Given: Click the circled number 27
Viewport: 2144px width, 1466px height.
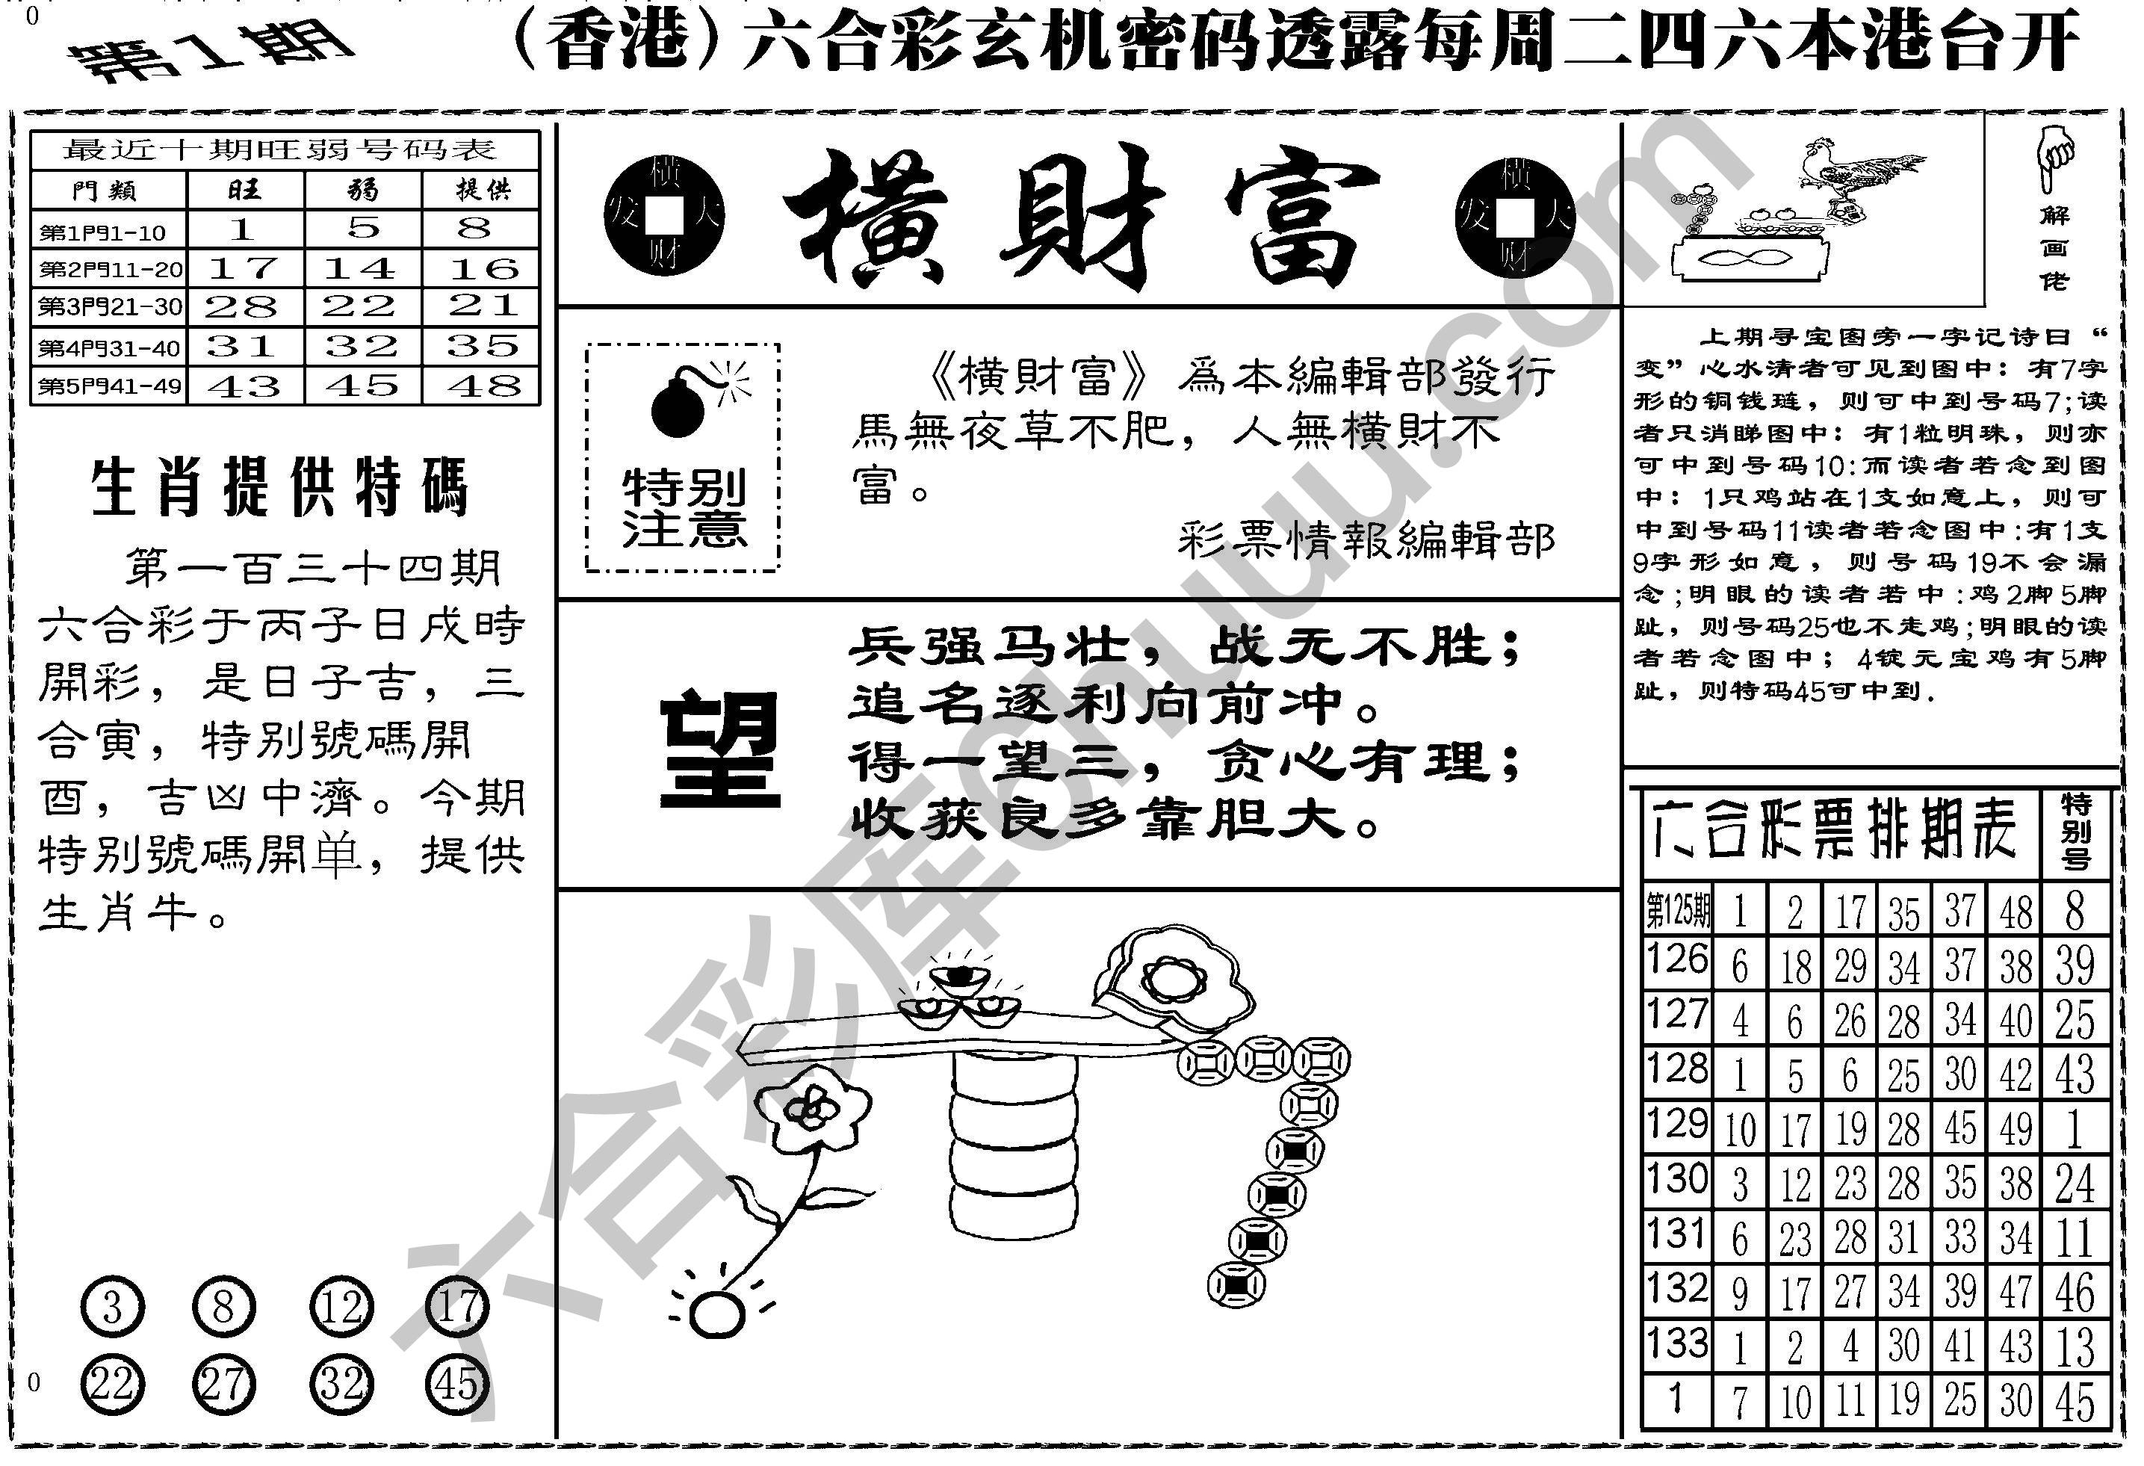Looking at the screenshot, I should (223, 1385).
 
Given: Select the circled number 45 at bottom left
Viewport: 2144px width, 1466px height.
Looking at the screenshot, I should (458, 1385).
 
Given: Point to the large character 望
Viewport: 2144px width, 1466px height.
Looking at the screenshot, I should (719, 750).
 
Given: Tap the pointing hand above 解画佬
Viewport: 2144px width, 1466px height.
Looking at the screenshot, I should (2054, 157).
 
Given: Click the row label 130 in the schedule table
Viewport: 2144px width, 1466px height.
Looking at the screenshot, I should (1677, 1180).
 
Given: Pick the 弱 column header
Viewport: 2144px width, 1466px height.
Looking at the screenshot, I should (362, 190).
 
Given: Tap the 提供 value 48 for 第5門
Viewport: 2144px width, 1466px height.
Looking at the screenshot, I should (480, 386).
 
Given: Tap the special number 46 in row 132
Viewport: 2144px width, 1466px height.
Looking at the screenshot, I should (2075, 1292).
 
